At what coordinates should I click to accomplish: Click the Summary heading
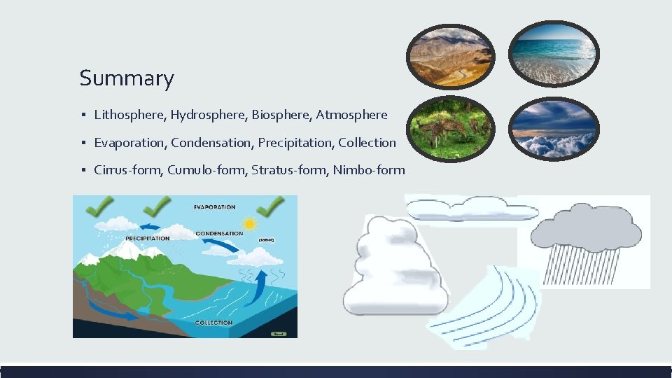[x=126, y=78]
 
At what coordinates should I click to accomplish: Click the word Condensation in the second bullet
[x=211, y=143]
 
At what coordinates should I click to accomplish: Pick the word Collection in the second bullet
[x=367, y=143]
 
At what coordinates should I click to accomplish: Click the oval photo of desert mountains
[x=450, y=56]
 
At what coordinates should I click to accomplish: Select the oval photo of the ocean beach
[x=553, y=53]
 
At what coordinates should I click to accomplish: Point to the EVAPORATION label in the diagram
[x=214, y=207]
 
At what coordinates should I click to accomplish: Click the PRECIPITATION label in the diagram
[x=147, y=238]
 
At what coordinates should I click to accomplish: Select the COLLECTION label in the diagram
[x=213, y=323]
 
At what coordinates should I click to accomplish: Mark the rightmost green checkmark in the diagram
[x=269, y=207]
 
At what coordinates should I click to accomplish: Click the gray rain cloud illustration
[x=586, y=241]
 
